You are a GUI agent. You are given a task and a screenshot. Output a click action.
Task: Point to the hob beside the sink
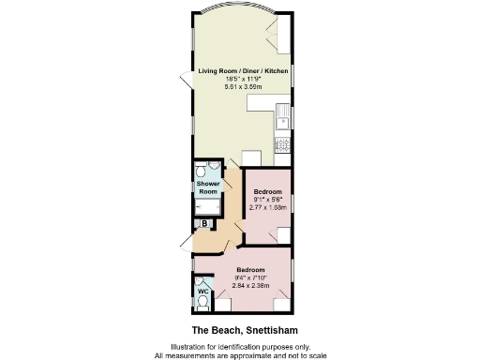[281, 144]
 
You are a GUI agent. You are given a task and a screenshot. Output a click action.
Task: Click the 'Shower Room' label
[207, 187]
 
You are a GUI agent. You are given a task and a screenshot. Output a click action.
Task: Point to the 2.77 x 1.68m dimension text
[268, 206]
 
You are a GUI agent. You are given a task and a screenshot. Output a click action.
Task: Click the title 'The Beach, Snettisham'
[239, 330]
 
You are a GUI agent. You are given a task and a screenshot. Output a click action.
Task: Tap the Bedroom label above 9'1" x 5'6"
[268, 190]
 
